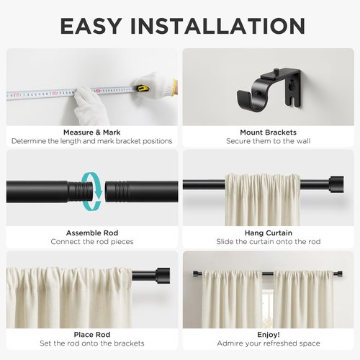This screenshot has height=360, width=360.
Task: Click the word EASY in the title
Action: click(x=91, y=26)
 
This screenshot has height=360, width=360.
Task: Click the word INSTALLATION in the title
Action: click(x=218, y=26)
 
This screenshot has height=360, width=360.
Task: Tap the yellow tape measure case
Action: click(x=143, y=88)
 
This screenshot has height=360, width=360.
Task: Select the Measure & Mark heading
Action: click(x=92, y=132)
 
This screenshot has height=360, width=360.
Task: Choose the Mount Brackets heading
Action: click(x=268, y=132)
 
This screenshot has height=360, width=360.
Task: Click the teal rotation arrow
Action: click(x=92, y=191)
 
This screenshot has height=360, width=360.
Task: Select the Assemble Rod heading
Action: click(x=92, y=233)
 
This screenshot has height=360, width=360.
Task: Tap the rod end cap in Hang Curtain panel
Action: click(x=336, y=184)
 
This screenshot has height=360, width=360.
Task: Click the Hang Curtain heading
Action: click(x=269, y=233)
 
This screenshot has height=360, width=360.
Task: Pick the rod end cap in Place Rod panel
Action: click(x=163, y=276)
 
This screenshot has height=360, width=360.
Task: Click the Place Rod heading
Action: click(x=92, y=334)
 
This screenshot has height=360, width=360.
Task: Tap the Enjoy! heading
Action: click(x=269, y=334)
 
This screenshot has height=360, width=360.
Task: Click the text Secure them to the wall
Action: click(x=268, y=141)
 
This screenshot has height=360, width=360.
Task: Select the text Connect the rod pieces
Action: click(x=92, y=242)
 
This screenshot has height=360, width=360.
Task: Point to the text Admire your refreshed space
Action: click(x=269, y=343)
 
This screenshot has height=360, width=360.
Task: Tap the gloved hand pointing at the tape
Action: click(x=88, y=106)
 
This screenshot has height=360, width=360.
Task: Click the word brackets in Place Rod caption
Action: click(x=129, y=343)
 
